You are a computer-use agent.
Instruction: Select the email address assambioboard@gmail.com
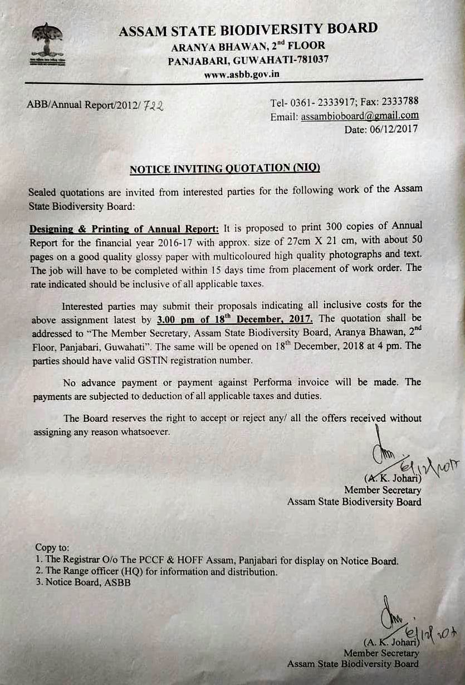coord(360,116)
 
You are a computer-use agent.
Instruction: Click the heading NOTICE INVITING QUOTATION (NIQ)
coord(224,168)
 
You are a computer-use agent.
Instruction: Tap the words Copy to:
coord(52,548)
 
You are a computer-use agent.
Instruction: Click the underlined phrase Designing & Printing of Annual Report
coord(124,229)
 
